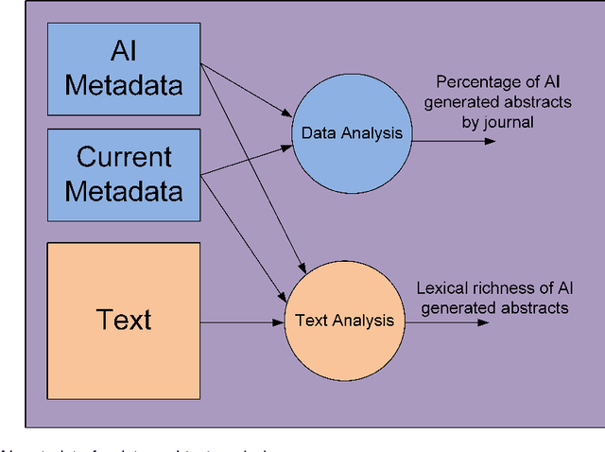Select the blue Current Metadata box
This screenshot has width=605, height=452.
click(x=123, y=175)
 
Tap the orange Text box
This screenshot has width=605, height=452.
click(x=123, y=320)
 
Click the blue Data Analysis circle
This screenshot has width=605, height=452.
click(x=352, y=133)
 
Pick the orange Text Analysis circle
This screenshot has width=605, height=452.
click(x=344, y=321)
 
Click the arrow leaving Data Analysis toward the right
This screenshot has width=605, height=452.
click(x=454, y=141)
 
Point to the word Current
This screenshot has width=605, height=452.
click(x=124, y=156)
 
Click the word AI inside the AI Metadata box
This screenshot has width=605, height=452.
click(x=124, y=52)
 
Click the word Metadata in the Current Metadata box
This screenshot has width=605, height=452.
click(x=124, y=191)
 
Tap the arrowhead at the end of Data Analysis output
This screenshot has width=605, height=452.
click(x=489, y=141)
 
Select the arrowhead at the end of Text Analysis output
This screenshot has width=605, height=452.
click(x=483, y=322)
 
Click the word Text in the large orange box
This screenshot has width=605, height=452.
click(x=124, y=320)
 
